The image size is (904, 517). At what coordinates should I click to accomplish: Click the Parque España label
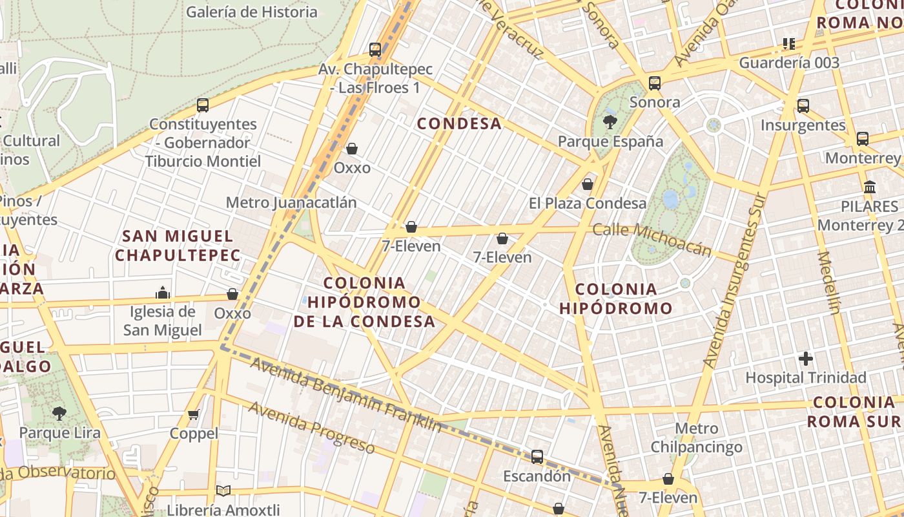(x=610, y=142)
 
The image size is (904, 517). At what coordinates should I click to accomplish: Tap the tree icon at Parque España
(x=609, y=121)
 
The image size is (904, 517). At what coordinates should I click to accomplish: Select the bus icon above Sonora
(x=655, y=83)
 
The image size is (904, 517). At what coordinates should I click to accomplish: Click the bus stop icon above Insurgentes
(x=803, y=106)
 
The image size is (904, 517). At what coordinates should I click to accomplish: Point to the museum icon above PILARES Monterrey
(x=870, y=187)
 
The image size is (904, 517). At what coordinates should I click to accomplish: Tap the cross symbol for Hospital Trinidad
(x=806, y=358)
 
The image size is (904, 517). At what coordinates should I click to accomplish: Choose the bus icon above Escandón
(x=537, y=457)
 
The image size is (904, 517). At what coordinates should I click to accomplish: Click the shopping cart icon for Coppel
(x=194, y=414)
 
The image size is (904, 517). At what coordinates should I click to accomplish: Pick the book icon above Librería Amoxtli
(x=223, y=491)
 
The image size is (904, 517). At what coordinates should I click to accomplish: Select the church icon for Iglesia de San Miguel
(x=163, y=293)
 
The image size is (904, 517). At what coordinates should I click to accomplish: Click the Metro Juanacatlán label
(x=291, y=202)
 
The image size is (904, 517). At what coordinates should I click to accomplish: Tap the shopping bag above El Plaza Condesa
(x=588, y=184)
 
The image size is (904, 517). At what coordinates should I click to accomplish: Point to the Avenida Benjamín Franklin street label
(x=346, y=394)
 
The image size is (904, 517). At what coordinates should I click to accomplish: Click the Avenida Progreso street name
(x=311, y=427)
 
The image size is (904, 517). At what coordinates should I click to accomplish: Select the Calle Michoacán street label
(x=652, y=239)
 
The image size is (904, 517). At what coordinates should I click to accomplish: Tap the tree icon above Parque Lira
(x=59, y=413)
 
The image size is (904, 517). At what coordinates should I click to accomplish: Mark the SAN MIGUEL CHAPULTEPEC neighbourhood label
(x=178, y=246)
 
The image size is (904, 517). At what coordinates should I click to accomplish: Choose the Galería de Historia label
(x=252, y=12)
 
